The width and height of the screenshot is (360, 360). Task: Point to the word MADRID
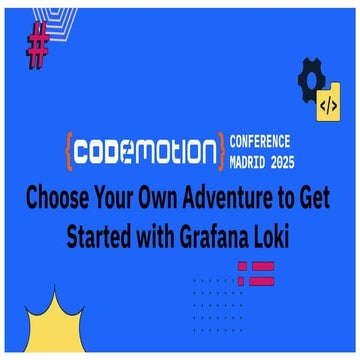click(249, 160)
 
